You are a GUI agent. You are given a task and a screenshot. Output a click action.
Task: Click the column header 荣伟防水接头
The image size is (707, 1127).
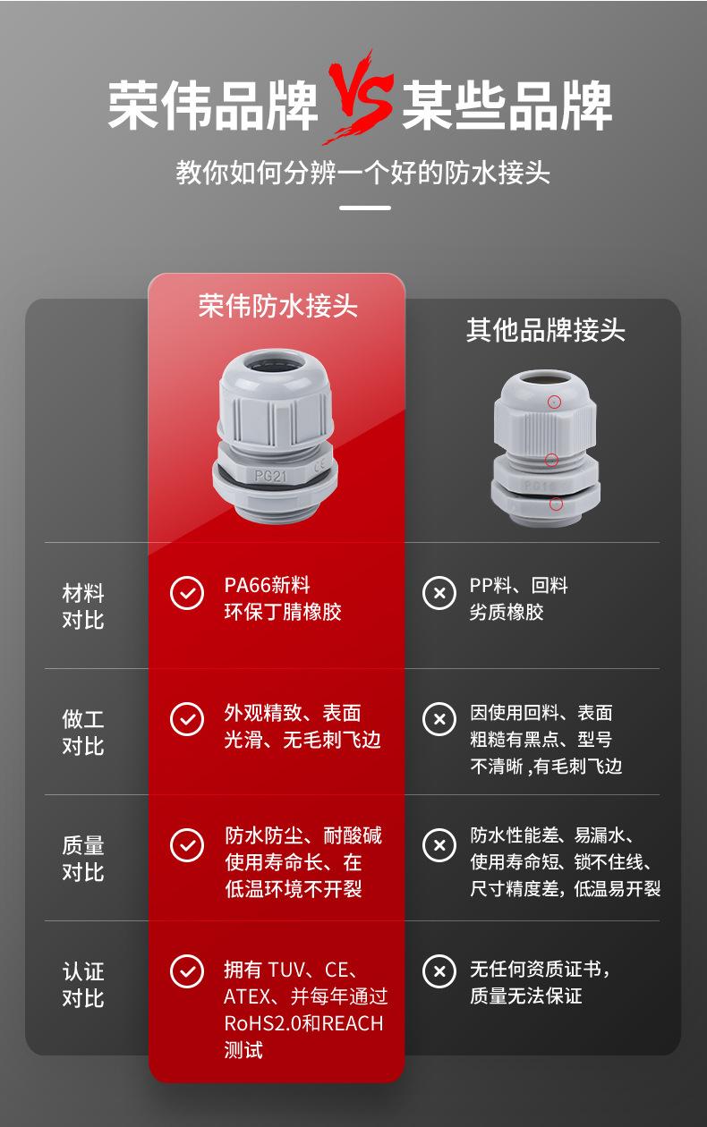[277, 307]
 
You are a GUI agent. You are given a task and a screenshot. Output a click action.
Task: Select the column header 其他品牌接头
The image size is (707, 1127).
[545, 330]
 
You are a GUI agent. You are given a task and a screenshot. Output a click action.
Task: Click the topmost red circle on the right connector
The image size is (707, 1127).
[555, 402]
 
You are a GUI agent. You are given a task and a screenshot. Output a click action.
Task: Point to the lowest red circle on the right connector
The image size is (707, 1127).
[556, 504]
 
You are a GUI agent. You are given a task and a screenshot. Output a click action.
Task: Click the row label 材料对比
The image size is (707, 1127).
[83, 606]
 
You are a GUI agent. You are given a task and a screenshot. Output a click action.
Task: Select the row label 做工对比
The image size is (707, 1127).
[83, 732]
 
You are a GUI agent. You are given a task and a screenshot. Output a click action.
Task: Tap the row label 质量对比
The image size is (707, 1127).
[83, 858]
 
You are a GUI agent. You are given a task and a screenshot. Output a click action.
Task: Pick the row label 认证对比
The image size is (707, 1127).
[83, 984]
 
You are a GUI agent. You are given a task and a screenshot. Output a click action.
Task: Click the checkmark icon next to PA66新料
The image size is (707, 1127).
[186, 592]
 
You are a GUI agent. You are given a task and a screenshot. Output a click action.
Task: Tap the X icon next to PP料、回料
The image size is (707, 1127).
[439, 592]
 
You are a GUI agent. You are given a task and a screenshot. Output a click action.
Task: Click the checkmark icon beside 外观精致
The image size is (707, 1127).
[186, 718]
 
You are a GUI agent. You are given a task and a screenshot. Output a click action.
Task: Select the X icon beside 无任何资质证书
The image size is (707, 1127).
[439, 970]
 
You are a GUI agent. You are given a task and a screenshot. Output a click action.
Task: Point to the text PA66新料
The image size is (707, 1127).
[267, 586]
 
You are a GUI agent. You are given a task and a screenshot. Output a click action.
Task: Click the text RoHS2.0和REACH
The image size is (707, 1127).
[303, 1023]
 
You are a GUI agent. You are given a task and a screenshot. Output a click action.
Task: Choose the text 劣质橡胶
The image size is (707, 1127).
[507, 613]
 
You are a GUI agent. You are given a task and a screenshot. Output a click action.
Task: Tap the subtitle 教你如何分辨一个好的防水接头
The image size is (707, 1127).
[362, 172]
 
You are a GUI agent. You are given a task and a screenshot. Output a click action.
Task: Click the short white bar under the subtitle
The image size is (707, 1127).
[366, 208]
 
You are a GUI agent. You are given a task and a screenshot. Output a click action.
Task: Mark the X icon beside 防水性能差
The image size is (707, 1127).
[439, 844]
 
